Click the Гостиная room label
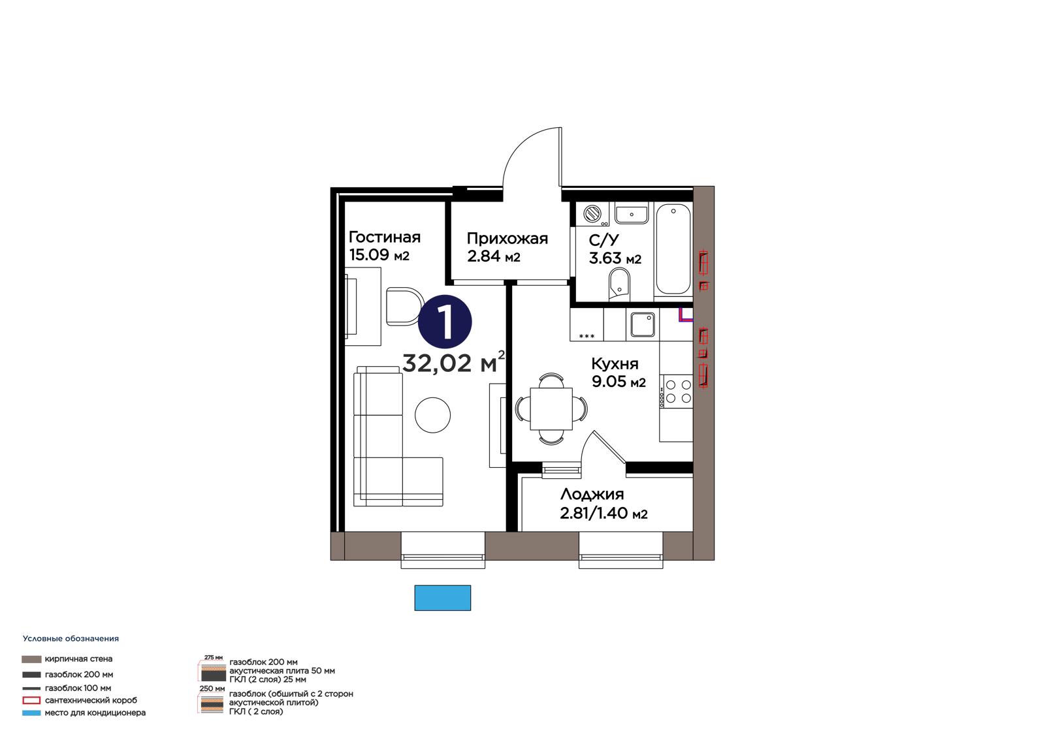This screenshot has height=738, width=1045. [x=385, y=238]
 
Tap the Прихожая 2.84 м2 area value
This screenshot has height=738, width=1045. [x=494, y=256]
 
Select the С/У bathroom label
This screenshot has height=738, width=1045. [x=603, y=240]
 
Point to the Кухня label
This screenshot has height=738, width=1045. [x=615, y=363]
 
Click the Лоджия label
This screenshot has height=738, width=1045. [x=592, y=494]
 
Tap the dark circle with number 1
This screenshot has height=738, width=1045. [x=445, y=322]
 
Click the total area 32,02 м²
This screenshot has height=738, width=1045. [x=453, y=363]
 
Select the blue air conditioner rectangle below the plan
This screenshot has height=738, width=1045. [x=443, y=598]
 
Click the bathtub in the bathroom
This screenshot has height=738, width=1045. [x=673, y=249]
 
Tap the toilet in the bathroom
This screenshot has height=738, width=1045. [x=619, y=285]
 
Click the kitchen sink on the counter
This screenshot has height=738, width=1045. [x=643, y=324]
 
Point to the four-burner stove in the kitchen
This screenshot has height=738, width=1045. [x=677, y=392]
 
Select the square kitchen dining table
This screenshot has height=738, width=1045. [x=551, y=409]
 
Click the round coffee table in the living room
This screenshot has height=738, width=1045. [x=433, y=415]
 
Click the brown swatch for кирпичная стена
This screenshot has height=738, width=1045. [x=31, y=659]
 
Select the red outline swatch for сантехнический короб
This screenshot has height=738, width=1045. [x=31, y=700]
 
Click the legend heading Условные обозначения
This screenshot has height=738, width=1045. [x=71, y=639]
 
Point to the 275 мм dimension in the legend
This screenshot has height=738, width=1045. [x=214, y=657]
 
